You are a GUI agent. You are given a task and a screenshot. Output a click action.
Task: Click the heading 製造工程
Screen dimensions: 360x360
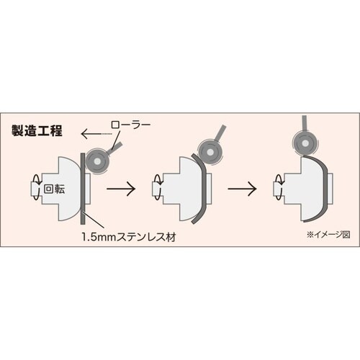click(37, 132)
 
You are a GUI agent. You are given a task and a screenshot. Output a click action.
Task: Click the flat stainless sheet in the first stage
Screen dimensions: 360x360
click(83, 189)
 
